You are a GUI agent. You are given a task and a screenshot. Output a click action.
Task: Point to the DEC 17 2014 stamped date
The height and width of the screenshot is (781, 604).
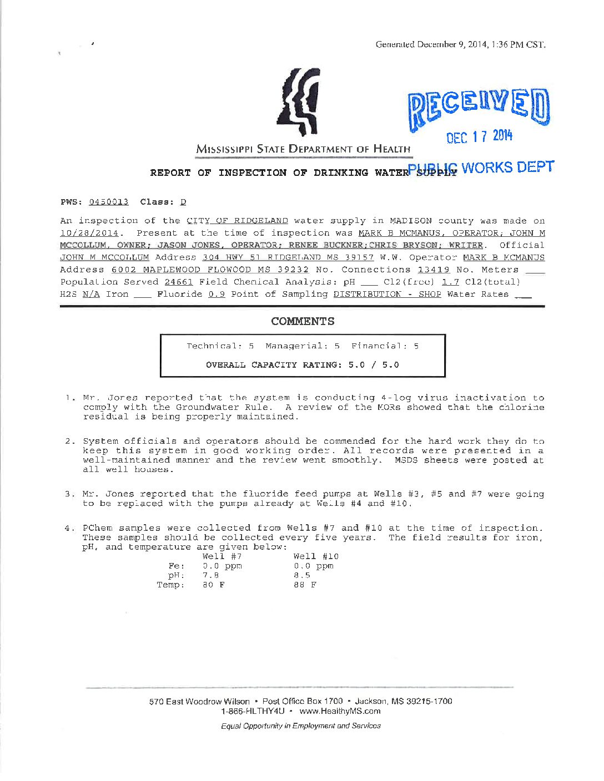480,136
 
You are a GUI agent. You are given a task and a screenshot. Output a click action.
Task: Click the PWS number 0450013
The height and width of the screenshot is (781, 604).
109,202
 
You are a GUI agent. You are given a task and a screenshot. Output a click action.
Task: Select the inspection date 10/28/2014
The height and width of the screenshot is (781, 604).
89,233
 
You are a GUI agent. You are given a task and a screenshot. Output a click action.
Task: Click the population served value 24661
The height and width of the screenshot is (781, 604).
178,282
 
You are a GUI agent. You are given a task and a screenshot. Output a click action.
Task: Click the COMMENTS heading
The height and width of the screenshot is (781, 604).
303,321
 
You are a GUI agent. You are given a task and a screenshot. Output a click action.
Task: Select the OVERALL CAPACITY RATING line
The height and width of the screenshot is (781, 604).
303,365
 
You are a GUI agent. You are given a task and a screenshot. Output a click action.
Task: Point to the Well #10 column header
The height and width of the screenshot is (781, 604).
315,556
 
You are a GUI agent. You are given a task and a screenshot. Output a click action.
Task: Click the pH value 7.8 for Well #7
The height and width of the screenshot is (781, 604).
210,575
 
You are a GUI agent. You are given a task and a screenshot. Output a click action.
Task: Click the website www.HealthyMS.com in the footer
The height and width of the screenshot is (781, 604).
340,711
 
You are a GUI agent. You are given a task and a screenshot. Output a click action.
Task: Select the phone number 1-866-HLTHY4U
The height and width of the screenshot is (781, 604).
253,711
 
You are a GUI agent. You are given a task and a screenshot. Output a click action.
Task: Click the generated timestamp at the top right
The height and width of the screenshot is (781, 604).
460,44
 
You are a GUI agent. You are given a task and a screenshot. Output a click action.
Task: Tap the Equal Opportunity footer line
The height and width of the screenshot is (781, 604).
300,726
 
